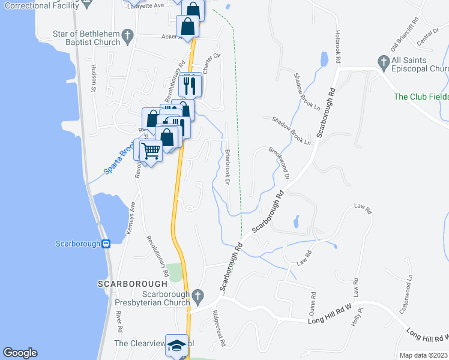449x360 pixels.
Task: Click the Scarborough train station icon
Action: [106, 244]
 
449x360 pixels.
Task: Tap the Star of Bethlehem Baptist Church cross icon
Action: [127, 37]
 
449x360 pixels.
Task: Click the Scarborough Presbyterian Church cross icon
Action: [197, 296]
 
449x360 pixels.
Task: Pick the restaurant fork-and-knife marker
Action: [190, 85]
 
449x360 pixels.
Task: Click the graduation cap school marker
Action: [176, 346]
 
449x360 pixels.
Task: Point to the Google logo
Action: [20, 353]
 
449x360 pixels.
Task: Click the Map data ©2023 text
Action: [423, 355]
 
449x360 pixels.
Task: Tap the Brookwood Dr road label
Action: [279, 164]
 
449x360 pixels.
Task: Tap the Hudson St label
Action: [94, 77]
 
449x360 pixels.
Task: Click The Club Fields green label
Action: [420, 97]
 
